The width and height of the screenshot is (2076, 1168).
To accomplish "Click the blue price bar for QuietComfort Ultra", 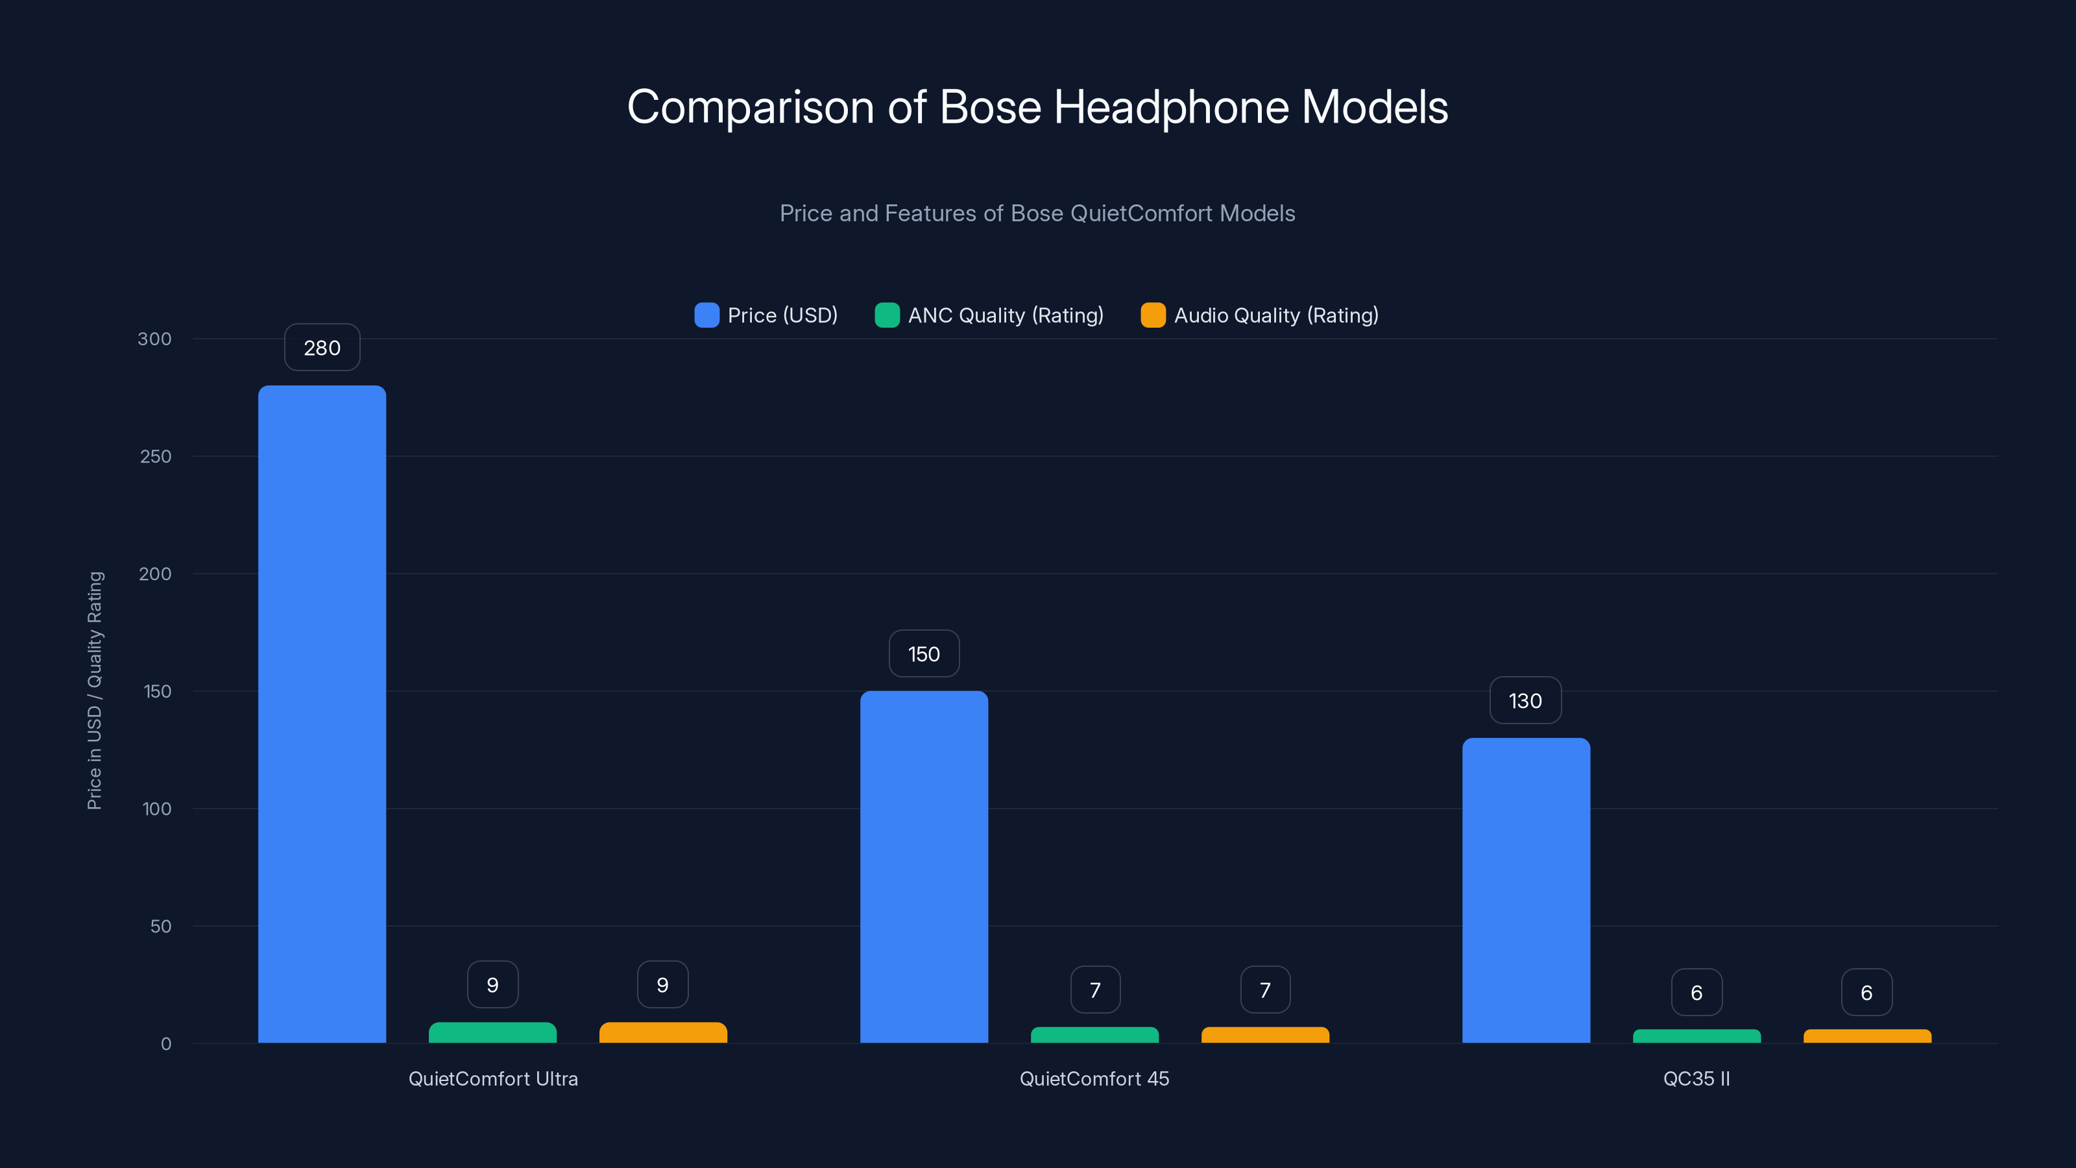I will pyautogui.click(x=322, y=713).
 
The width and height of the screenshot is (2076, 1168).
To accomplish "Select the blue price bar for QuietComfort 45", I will pyautogui.click(x=924, y=866).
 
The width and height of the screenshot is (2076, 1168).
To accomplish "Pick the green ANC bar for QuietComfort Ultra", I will pyautogui.click(x=492, y=1032).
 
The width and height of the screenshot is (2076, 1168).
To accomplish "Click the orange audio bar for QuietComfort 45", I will pyautogui.click(x=1264, y=1035).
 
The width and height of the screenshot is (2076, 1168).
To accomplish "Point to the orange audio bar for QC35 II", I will pyautogui.click(x=1866, y=1036).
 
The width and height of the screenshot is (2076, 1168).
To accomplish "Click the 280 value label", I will pyautogui.click(x=322, y=347).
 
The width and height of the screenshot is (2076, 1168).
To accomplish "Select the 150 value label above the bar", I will pyautogui.click(x=924, y=653).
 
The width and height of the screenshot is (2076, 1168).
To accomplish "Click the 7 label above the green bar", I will pyautogui.click(x=1094, y=990).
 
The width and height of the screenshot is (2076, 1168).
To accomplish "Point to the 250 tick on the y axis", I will pyautogui.click(x=156, y=456).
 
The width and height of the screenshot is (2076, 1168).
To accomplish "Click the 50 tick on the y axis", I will pyautogui.click(x=160, y=926).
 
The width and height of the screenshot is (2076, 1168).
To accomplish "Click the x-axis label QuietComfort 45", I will pyautogui.click(x=1094, y=1078).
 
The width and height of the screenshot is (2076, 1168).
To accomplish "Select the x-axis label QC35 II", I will pyautogui.click(x=1696, y=1078).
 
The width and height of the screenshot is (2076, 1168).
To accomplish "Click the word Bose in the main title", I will pyautogui.click(x=991, y=107).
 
